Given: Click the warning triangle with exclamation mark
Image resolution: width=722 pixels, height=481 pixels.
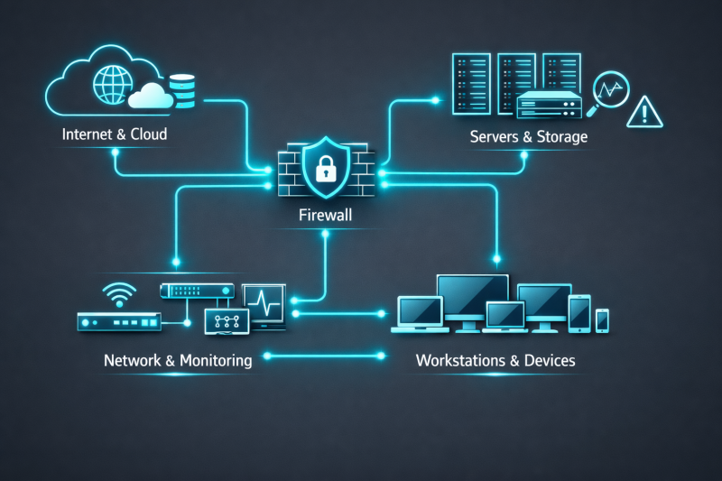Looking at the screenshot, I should pos(645,112).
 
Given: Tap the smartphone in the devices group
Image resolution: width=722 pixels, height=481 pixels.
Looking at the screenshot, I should pos(602,319).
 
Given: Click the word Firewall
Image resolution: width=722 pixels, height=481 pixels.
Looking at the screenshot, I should pos(324,217).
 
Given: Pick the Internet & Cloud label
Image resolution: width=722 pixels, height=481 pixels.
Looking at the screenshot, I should pos(115,135).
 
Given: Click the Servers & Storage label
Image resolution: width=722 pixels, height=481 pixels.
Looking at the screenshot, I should pos(528,137).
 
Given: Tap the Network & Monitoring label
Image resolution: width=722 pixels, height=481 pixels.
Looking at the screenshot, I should pos(178,360).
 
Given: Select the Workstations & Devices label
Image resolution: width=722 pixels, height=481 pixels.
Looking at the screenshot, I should pos(495,360).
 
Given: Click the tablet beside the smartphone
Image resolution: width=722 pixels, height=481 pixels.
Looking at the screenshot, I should pos(579,312).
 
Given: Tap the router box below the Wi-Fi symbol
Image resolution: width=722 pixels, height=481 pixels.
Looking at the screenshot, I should pos(118,320).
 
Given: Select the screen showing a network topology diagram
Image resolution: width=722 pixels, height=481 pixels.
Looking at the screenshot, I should pos(227,320).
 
